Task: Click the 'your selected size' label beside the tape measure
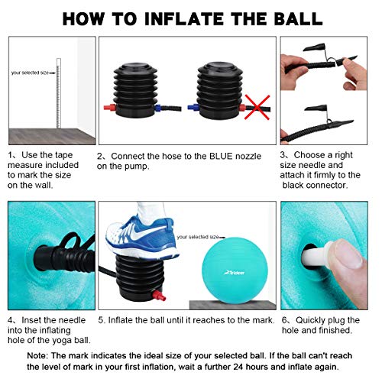tap(33, 73)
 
